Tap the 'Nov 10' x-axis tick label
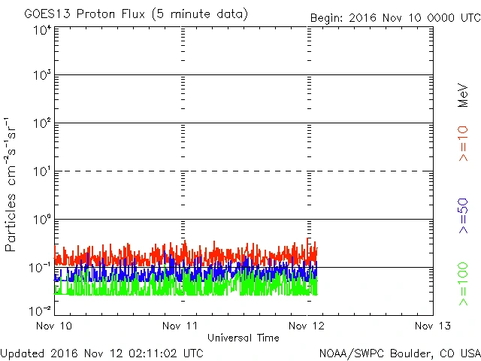click(55, 326)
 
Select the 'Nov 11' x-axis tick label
click(181, 326)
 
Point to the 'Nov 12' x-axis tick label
click(307, 326)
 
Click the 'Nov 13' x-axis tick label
click(433, 326)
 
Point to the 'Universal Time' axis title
click(244, 338)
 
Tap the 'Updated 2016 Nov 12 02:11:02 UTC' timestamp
click(101, 352)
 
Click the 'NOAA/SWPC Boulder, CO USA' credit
click(399, 352)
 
